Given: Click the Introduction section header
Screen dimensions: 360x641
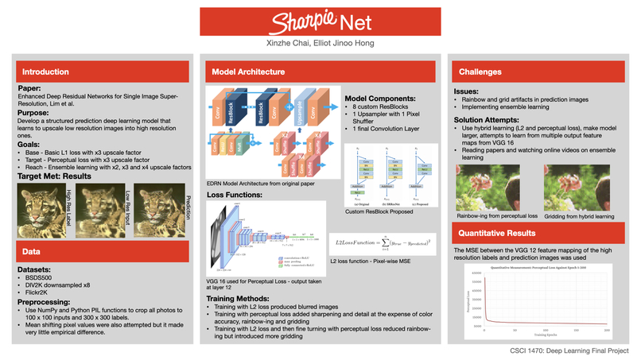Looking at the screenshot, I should [x=45, y=72].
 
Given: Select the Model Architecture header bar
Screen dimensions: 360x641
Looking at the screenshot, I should [x=248, y=72].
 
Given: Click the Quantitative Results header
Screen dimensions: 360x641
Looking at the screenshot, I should [x=497, y=234].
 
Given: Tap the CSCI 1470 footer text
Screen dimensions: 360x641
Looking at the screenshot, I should [x=570, y=350].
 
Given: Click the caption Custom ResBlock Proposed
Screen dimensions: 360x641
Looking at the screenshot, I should [x=379, y=212].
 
